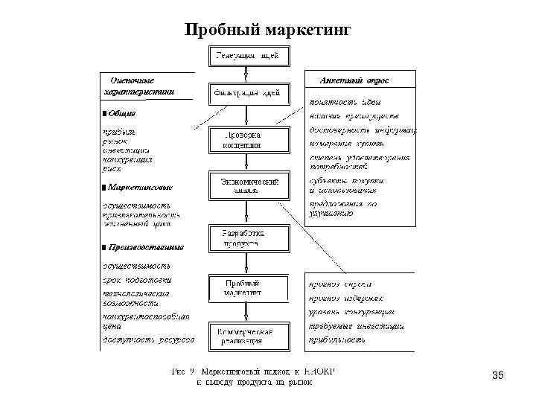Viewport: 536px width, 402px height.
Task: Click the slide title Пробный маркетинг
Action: [266, 31]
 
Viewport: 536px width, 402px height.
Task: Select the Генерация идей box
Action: [247, 56]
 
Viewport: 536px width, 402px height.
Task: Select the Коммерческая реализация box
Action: [245, 336]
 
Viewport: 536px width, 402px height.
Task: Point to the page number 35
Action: [497, 375]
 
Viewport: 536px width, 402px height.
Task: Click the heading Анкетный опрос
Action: [354, 80]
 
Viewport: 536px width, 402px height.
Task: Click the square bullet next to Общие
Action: [103, 113]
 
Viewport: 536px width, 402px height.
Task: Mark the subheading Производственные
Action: [146, 246]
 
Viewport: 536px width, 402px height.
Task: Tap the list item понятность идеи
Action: [347, 101]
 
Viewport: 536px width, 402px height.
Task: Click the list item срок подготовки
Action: [137, 280]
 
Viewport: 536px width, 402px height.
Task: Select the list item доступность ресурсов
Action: [147, 339]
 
